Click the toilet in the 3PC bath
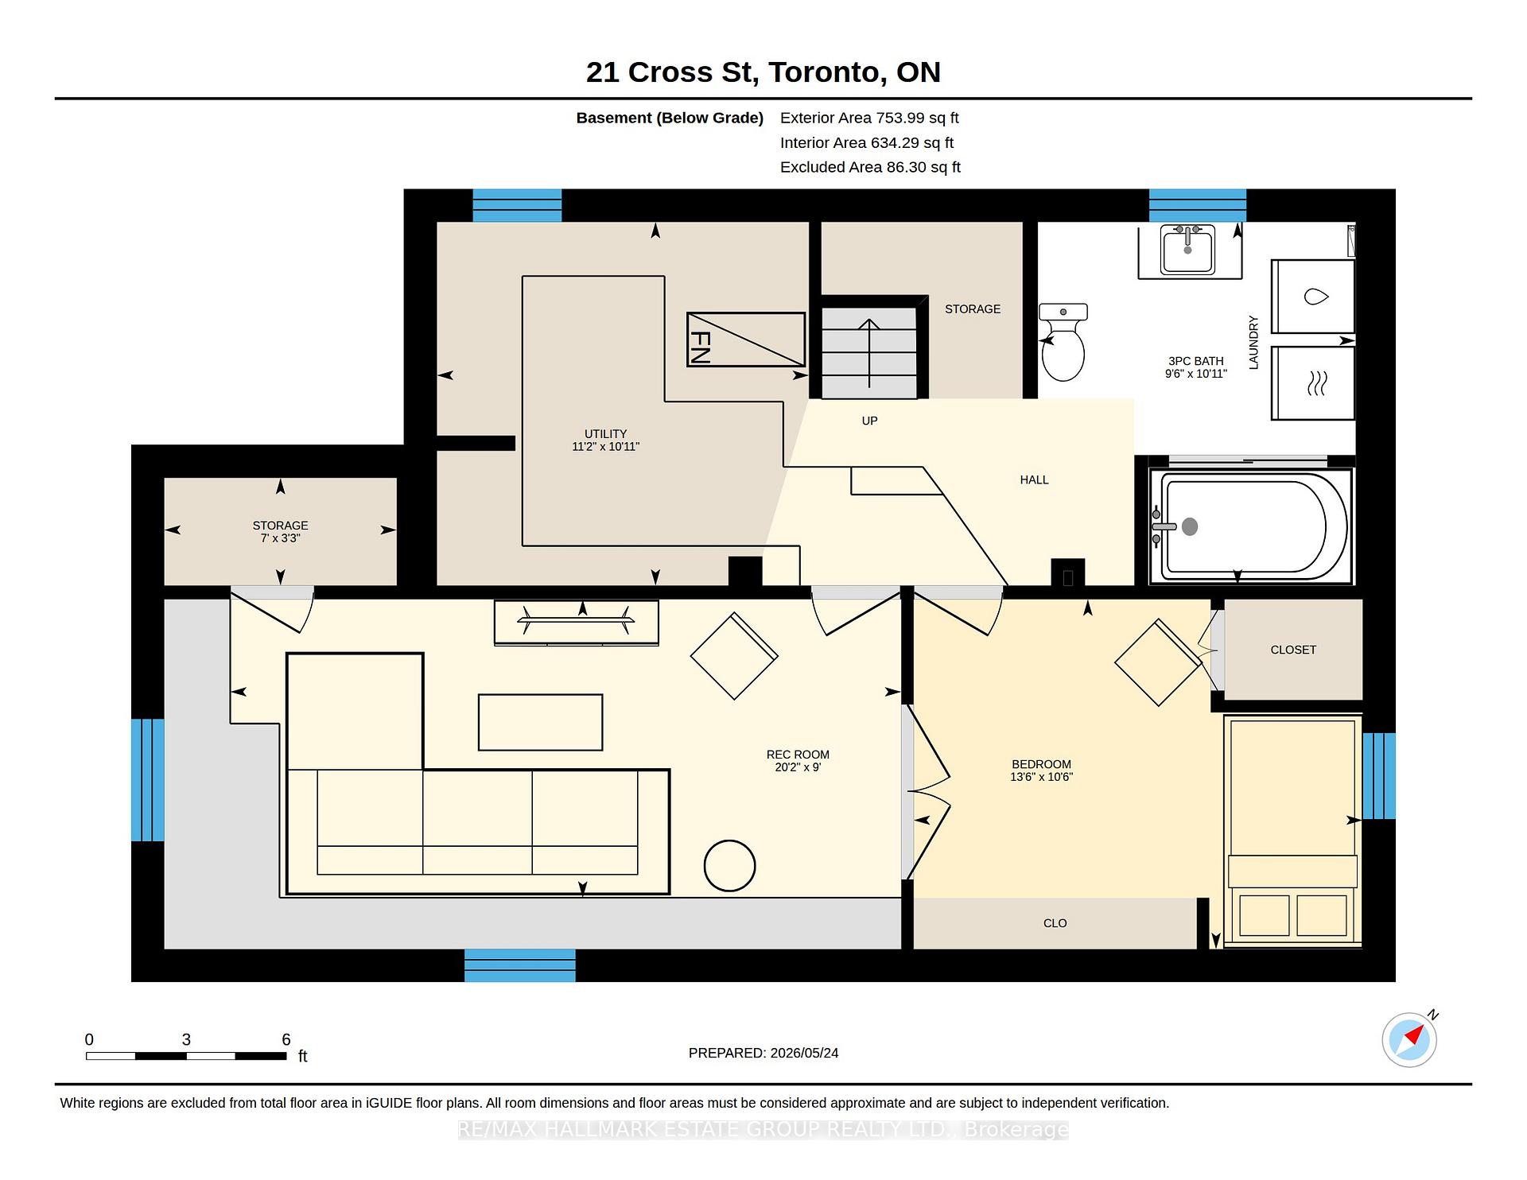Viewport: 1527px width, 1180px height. click(1063, 343)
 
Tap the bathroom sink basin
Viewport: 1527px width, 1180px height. click(1187, 249)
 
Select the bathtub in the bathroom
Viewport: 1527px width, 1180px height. click(1250, 526)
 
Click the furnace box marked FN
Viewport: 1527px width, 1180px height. click(746, 340)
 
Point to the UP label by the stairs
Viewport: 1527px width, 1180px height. click(869, 421)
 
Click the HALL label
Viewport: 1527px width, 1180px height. click(1034, 479)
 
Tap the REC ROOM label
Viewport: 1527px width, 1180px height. click(798, 755)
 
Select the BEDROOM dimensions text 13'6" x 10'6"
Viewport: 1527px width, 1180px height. click(1041, 777)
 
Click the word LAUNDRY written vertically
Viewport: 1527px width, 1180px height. click(1253, 342)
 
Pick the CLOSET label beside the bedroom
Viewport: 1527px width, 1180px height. click(1293, 650)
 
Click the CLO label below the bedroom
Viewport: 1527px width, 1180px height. click(1055, 923)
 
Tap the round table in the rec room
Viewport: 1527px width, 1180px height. click(730, 866)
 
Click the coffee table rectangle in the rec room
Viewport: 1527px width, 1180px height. click(540, 722)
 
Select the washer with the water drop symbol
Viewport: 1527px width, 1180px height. click(1313, 297)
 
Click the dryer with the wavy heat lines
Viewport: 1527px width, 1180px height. click(1313, 383)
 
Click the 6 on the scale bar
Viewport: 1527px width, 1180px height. click(286, 1039)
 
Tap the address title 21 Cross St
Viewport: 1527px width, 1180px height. click(669, 72)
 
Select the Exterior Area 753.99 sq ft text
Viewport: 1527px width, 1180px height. click(869, 118)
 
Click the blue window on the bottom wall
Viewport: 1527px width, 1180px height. click(520, 965)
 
